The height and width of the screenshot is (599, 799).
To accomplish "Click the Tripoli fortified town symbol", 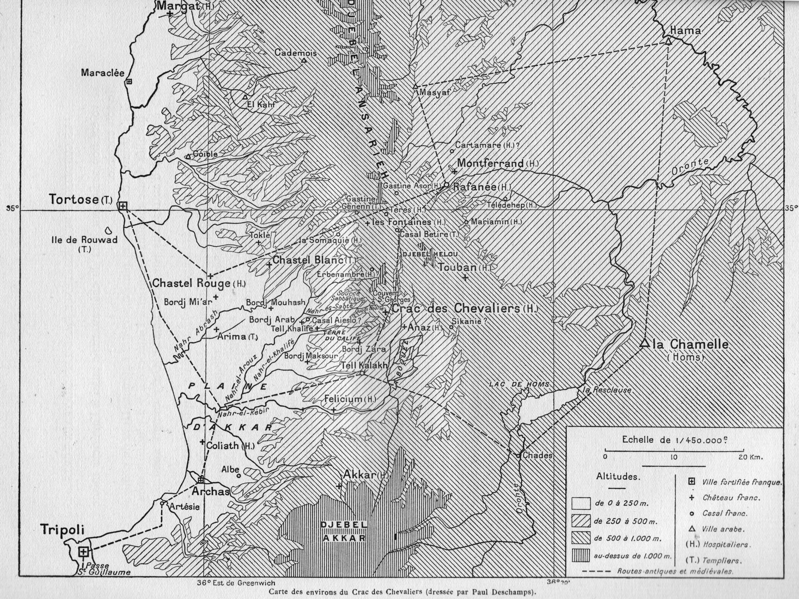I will (84, 551).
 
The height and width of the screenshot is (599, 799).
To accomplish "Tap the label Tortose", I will (73, 200).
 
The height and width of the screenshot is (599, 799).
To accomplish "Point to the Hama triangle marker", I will (668, 41).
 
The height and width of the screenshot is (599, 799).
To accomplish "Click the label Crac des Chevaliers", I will (455, 309).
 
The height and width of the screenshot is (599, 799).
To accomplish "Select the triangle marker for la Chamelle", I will (644, 343).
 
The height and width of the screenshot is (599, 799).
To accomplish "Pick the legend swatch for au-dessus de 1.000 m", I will (582, 556).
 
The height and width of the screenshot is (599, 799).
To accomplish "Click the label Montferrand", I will (490, 163).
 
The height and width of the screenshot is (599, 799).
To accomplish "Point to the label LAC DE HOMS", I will (519, 384).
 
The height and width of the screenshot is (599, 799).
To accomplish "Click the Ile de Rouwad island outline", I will (108, 231).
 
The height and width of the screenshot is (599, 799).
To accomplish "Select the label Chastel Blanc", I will (308, 260).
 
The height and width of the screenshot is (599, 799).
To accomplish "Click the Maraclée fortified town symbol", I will (129, 81).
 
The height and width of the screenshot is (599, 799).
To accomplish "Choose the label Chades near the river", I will (537, 455).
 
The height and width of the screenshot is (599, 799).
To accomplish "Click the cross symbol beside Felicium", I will (334, 410).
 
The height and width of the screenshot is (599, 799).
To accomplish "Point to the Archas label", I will (210, 491).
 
